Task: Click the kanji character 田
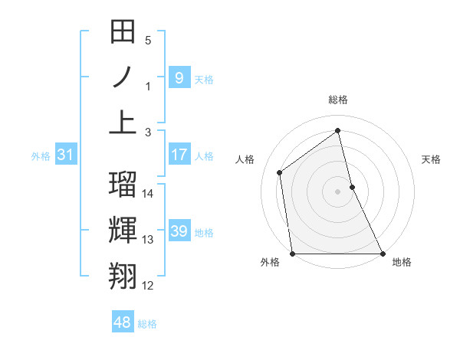123,33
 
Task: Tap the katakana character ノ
123,78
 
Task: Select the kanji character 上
123,123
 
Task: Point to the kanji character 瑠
123,185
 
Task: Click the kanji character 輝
123,230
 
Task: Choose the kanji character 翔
123,274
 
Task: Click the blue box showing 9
179,77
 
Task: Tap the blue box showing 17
179,155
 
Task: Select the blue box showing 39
179,231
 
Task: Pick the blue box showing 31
66,155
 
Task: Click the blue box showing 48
123,322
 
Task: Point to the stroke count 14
149,194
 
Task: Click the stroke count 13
149,240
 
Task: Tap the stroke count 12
149,286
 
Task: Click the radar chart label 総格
338,100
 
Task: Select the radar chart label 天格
431,159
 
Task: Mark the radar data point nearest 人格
280,172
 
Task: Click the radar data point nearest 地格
382,254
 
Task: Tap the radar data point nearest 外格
293,254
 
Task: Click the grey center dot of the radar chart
337,191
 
